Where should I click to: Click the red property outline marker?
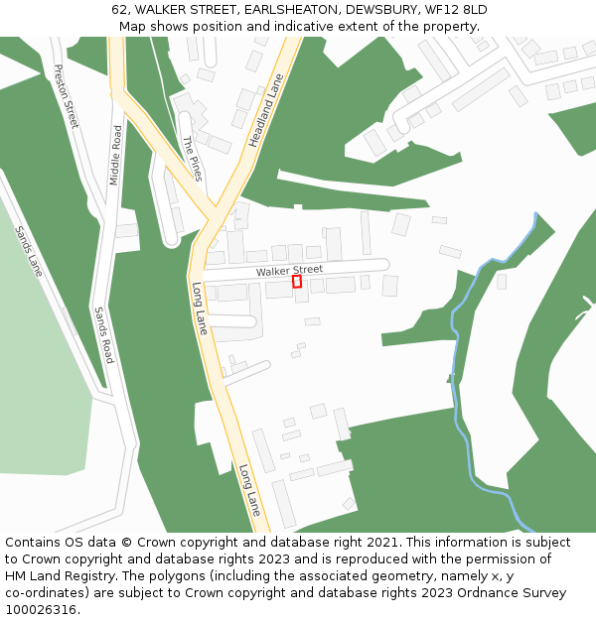pyautogui.click(x=297, y=282)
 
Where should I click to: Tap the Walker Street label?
pyautogui.click(x=289, y=270)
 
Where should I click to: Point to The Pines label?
pyautogui.click(x=192, y=159)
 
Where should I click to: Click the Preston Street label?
pyautogui.click(x=66, y=96)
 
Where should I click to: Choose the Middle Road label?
pyautogui.click(x=116, y=156)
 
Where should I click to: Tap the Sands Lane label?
pyautogui.click(x=29, y=250)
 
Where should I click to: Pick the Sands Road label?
pyautogui.click(x=103, y=334)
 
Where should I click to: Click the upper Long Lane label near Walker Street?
pyautogui.click(x=200, y=308)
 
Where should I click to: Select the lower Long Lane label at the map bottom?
pyautogui.click(x=249, y=489)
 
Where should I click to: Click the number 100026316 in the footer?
pyautogui.click(x=42, y=610)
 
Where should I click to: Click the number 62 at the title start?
pyautogui.click(x=118, y=10)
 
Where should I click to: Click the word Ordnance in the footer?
pyautogui.click(x=486, y=593)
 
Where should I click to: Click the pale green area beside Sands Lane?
pyautogui.click(x=40, y=377)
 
